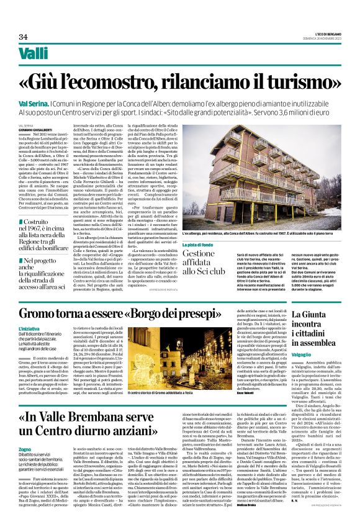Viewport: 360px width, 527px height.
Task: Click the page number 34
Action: click(24, 37)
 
